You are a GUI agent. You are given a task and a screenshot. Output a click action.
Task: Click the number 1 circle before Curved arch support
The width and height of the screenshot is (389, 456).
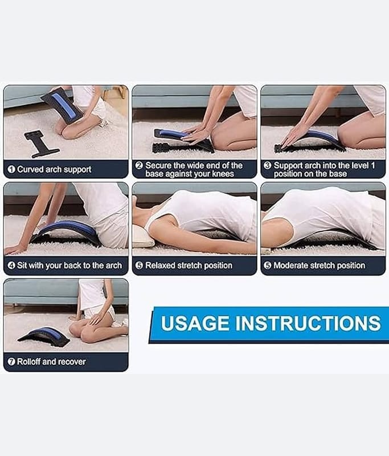point(11,169)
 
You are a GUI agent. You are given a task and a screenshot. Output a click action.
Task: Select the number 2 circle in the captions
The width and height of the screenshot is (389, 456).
point(139,165)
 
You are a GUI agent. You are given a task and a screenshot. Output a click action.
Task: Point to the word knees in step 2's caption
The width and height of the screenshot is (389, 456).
point(223,174)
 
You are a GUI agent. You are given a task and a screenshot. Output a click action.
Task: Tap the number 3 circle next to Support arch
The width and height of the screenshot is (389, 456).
point(267,165)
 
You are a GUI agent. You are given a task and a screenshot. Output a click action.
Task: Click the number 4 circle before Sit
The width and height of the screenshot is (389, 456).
point(11,265)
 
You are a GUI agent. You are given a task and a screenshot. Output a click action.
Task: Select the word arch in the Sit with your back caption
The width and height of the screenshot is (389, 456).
point(114,266)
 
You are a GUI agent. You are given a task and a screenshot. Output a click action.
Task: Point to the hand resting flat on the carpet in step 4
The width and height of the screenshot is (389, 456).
point(15,249)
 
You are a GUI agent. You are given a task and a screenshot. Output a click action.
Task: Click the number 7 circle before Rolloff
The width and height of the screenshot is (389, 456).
point(11,361)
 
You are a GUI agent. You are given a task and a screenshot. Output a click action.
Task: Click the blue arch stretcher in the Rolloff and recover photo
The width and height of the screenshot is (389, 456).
point(44,337)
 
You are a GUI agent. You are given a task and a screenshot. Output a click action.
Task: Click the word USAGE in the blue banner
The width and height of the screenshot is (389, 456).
point(195,323)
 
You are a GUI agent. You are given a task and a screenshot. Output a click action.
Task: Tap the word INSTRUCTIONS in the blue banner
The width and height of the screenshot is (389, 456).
point(308,323)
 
